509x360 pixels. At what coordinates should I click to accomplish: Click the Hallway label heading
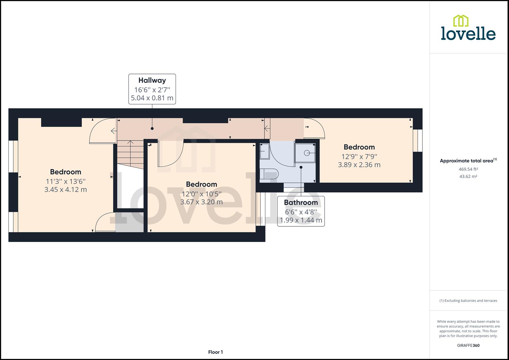point(152,80)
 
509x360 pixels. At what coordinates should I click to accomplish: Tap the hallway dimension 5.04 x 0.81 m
point(152,98)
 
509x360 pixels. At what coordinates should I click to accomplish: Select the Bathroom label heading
point(301,203)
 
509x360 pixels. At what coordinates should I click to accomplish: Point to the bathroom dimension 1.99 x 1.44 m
point(301,220)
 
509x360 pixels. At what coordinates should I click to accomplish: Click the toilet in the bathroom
point(270,175)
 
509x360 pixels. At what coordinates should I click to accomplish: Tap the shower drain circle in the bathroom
point(307,153)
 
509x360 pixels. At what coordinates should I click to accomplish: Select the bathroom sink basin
point(264,152)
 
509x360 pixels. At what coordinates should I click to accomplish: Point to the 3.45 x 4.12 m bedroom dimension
point(65,190)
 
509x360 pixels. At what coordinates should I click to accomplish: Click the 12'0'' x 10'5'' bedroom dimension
point(201,193)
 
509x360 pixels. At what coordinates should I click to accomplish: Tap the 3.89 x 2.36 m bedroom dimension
point(359,165)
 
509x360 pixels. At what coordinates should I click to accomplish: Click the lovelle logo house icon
point(461,21)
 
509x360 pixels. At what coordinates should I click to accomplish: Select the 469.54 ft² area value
point(468,169)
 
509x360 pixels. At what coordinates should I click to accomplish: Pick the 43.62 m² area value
point(468,177)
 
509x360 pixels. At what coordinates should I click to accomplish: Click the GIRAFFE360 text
point(468,345)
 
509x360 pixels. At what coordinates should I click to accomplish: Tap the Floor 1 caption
point(215,352)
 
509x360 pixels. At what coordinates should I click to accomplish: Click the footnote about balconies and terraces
point(468,301)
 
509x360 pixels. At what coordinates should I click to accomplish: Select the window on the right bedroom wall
point(418,140)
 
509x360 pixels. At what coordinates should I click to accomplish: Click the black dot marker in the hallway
point(152,128)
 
